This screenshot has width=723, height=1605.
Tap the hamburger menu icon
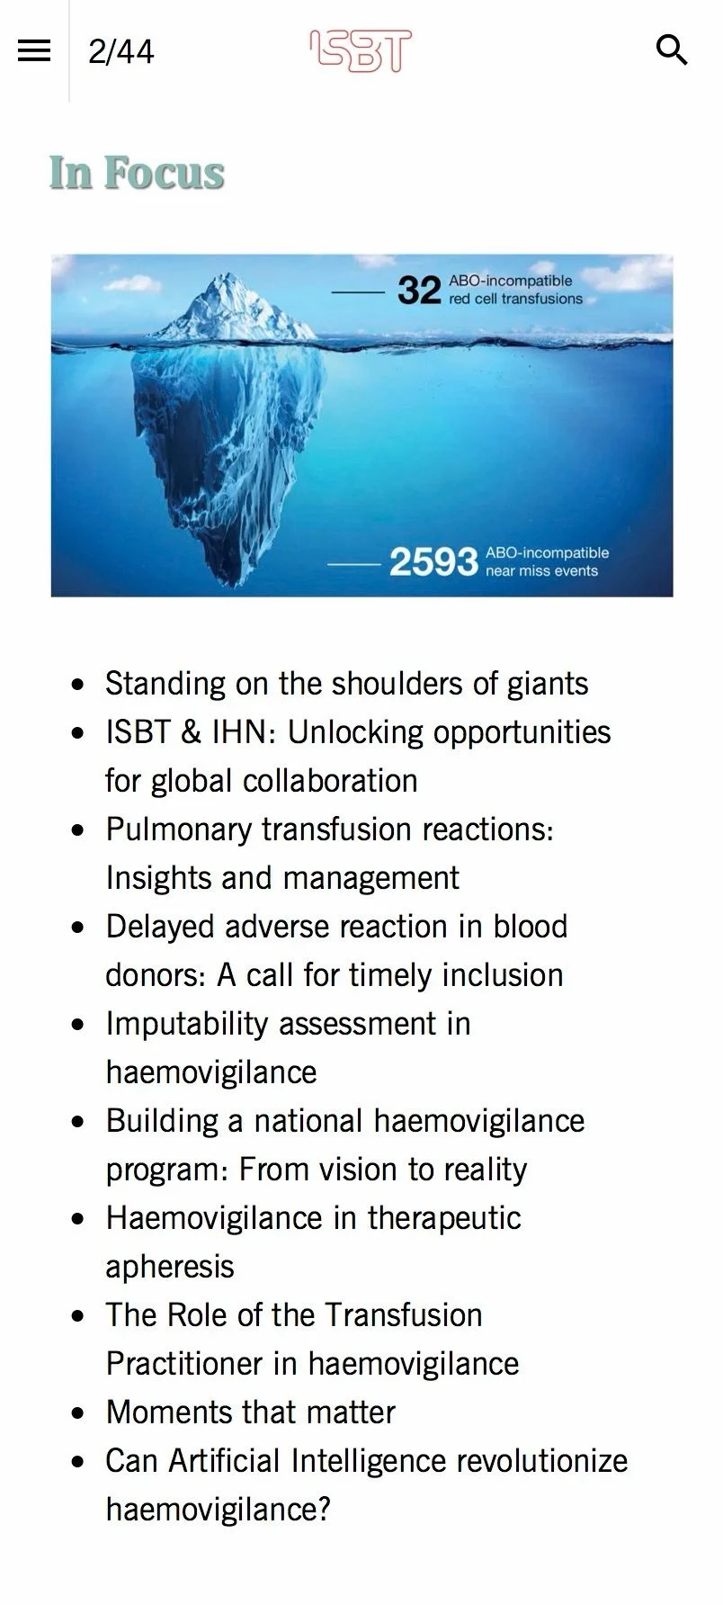point(34,50)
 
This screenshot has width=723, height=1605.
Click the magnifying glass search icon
point(672,50)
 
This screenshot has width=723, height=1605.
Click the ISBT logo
point(361,50)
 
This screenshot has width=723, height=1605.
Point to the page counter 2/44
point(121,51)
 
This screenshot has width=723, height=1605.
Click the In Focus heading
point(137,173)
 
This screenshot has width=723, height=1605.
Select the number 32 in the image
point(419,291)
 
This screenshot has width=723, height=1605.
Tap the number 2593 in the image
point(433,561)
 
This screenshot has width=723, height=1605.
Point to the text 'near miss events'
point(541,570)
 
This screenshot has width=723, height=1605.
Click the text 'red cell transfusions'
point(516,299)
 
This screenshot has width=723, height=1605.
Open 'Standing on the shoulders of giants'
point(347,684)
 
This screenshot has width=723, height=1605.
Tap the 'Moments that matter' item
point(250,1412)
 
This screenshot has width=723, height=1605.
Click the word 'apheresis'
point(170,1267)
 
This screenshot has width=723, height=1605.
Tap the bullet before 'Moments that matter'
point(79,1413)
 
